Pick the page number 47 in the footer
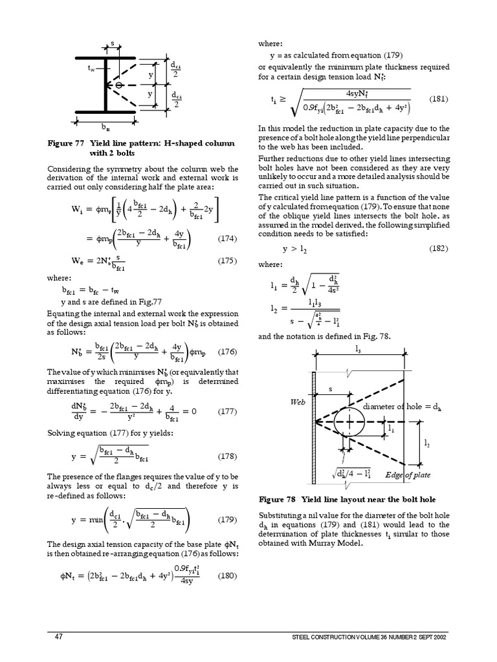click(58, 637)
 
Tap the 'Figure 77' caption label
click(68, 142)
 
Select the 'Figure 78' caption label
click(278, 500)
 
